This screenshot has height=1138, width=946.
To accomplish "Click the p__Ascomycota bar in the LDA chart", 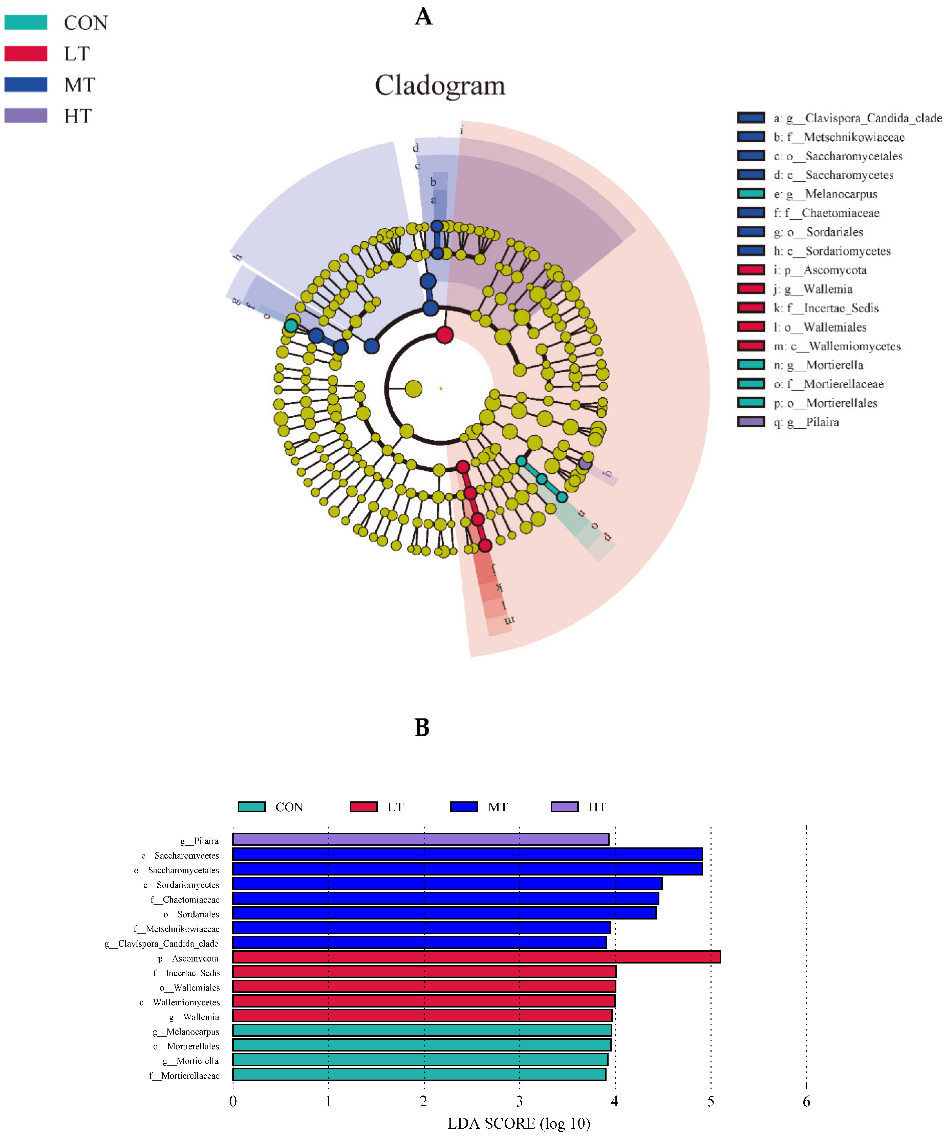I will click(x=476, y=957).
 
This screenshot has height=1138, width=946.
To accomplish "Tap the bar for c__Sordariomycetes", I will click(x=447, y=884).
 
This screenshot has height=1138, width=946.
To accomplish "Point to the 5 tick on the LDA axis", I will click(x=710, y=1101).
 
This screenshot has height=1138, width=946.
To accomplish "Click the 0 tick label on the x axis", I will click(x=233, y=1101).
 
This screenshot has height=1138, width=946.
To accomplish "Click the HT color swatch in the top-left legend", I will click(x=26, y=115).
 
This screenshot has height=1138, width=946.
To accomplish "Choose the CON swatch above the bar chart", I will click(x=251, y=807).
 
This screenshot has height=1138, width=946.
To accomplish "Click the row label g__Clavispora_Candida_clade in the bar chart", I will click(x=162, y=944).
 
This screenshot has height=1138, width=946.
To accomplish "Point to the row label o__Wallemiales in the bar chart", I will click(x=190, y=987).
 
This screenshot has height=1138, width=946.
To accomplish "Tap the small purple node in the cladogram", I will click(x=584, y=463).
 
